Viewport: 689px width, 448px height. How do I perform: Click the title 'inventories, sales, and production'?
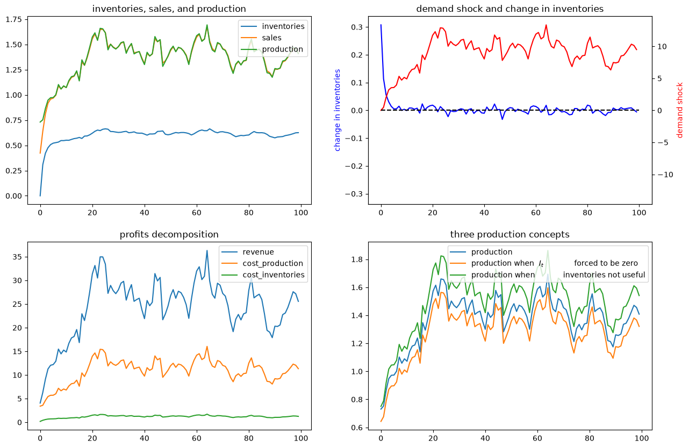click(169, 9)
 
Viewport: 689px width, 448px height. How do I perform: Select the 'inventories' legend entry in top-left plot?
click(283, 26)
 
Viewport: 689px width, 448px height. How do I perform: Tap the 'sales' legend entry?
click(271, 38)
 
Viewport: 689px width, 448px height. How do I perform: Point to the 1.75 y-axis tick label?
click(14, 20)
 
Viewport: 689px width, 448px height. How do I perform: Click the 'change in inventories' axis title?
click(337, 110)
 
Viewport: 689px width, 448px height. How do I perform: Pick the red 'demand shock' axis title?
click(679, 110)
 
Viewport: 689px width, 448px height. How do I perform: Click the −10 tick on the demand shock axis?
click(665, 175)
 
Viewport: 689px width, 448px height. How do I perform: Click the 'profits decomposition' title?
click(169, 235)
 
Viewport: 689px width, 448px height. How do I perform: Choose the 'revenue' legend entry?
click(258, 252)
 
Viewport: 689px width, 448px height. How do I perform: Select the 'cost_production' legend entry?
click(273, 264)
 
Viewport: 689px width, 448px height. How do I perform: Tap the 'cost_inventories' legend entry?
click(274, 275)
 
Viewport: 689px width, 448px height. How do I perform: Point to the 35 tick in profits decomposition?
click(17, 257)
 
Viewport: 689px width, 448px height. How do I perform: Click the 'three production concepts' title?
click(509, 235)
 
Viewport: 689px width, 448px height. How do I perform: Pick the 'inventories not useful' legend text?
click(604, 275)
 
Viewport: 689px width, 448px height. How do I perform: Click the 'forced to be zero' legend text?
click(606, 264)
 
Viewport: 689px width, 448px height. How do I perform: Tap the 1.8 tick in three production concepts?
click(357, 260)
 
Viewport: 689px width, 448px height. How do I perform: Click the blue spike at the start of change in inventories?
click(381, 25)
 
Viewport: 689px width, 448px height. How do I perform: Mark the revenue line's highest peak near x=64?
click(207, 251)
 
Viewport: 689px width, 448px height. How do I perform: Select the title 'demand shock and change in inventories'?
click(509, 9)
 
